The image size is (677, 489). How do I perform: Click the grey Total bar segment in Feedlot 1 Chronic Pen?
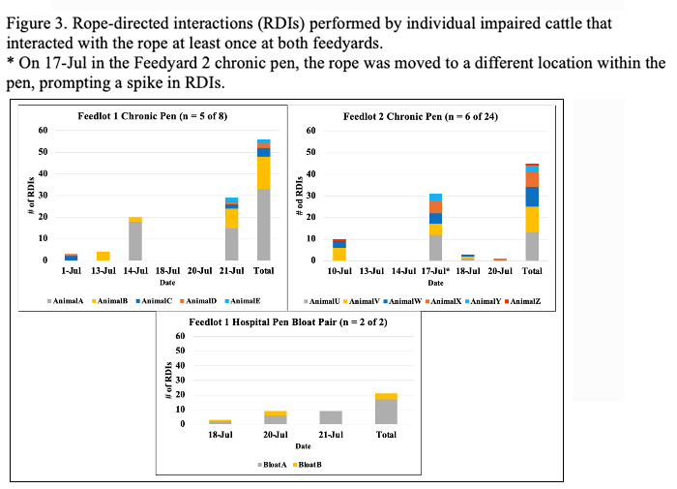coord(263,225)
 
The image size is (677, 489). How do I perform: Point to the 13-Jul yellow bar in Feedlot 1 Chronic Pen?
coord(104,256)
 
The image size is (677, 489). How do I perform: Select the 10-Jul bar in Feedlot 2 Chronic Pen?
coord(339,250)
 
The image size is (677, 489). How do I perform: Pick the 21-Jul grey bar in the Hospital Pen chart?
coord(331,417)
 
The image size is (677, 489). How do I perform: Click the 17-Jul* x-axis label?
coord(436,271)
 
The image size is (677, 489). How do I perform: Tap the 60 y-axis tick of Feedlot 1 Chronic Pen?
coord(44,130)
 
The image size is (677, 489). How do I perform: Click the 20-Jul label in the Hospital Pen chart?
coord(276,436)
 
